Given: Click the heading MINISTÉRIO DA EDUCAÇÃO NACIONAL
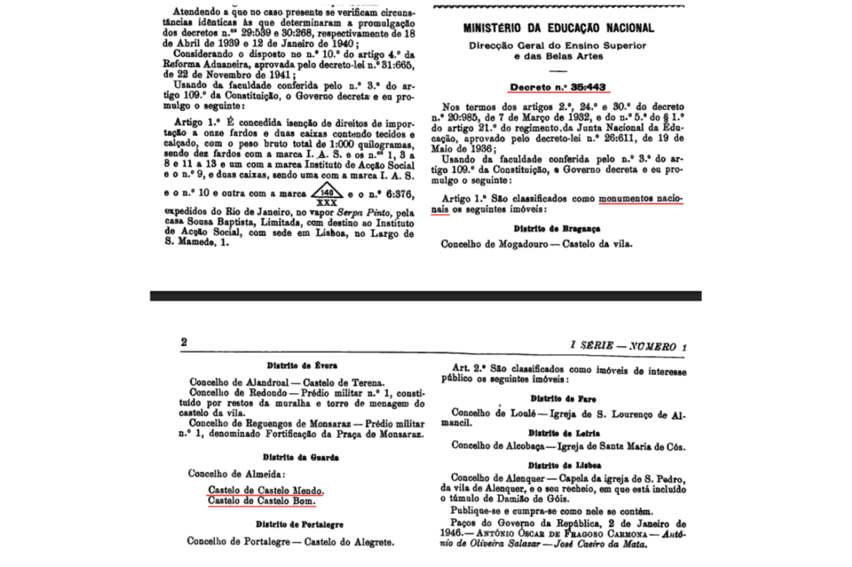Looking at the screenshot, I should click(559, 27).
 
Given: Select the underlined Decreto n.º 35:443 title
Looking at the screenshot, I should click(558, 85).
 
